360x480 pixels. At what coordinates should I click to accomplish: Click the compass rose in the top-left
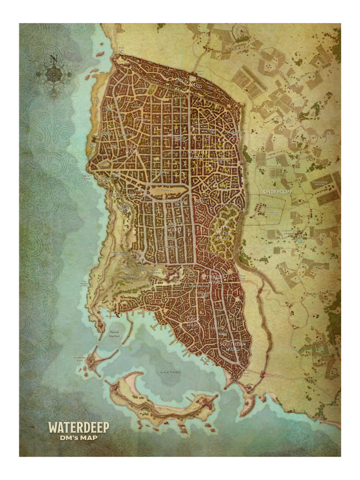[53, 74]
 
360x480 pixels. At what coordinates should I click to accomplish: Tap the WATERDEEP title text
[79, 427]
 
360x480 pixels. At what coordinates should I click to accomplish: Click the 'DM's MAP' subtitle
[79, 438]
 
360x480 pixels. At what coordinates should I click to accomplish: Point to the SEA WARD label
[132, 150]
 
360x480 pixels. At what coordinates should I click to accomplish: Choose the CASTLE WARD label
[174, 227]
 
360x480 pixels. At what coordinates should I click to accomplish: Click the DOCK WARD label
[194, 322]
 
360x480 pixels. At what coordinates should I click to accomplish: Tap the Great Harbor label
[171, 372]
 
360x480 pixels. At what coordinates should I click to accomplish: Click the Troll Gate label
[121, 49]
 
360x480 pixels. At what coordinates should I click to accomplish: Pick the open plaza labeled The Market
[167, 191]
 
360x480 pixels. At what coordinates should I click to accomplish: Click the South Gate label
[246, 374]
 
